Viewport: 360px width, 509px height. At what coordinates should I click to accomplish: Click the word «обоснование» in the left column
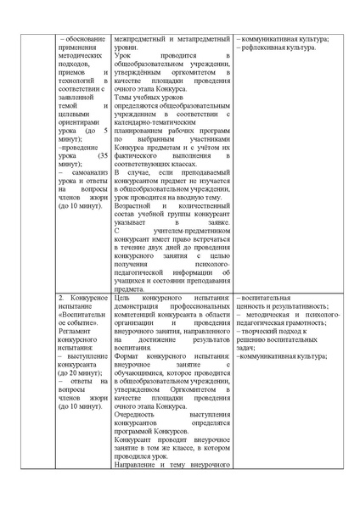click(86, 40)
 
